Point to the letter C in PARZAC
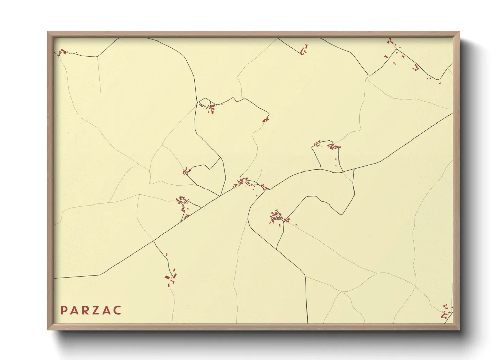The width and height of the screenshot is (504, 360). click(x=117, y=310)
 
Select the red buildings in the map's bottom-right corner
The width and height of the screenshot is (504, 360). click(x=446, y=312)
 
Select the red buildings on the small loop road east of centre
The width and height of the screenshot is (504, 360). click(x=332, y=147)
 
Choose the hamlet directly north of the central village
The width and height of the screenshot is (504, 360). click(x=208, y=107)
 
